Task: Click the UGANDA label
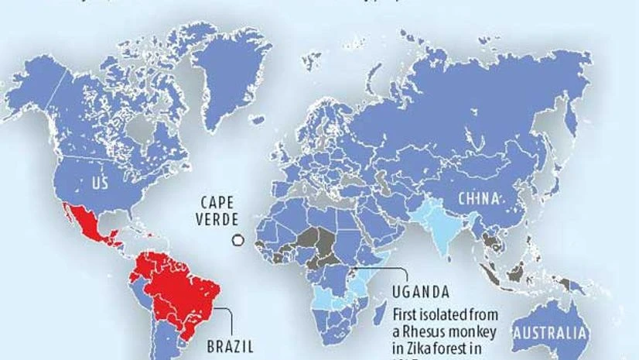(x=420, y=292)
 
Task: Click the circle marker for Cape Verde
(x=238, y=241)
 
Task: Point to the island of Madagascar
(x=381, y=313)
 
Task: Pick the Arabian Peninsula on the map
(x=378, y=225)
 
